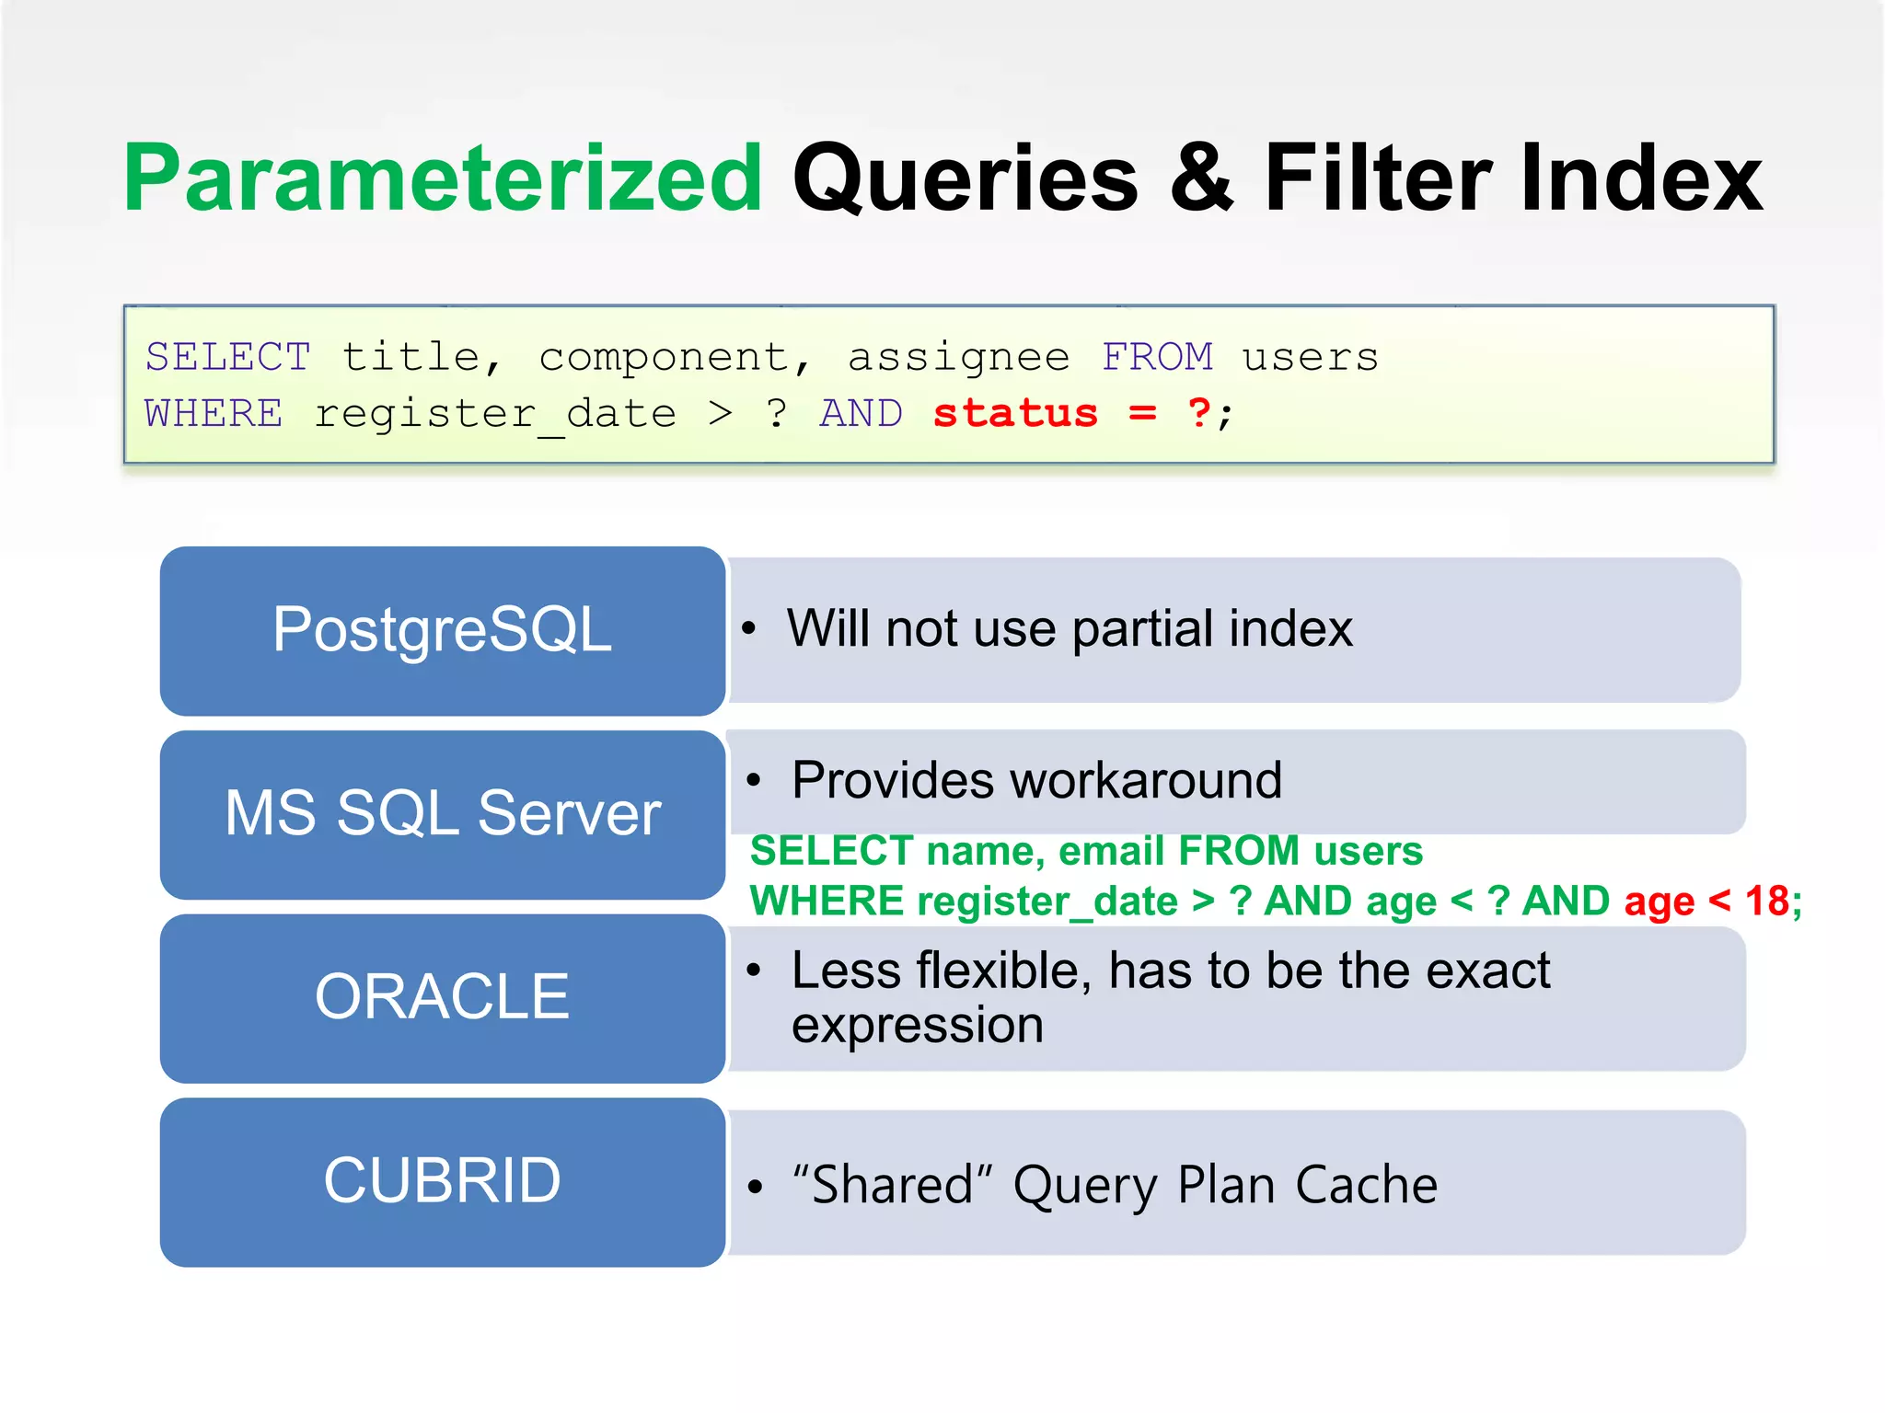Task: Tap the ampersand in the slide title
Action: (x=1201, y=179)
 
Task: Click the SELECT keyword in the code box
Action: (x=227, y=357)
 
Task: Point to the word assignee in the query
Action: (x=958, y=357)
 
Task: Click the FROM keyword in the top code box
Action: (x=1157, y=357)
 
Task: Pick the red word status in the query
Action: (x=1015, y=413)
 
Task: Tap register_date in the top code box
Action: (x=495, y=414)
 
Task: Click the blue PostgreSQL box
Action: (x=442, y=630)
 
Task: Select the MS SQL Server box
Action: (x=442, y=814)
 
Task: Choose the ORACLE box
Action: (x=442, y=997)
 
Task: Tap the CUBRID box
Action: (x=442, y=1181)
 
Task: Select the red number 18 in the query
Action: (x=1766, y=902)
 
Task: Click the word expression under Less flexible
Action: (x=917, y=1026)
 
